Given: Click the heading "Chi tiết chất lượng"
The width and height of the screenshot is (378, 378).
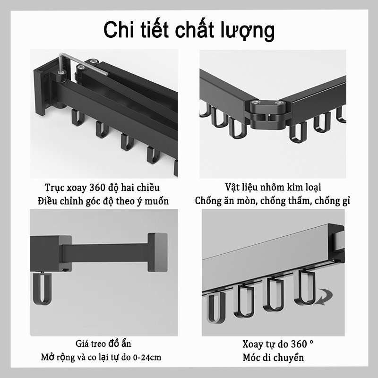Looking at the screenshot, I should (x=189, y=29).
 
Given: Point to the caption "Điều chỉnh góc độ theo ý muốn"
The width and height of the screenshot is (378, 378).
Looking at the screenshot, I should (x=103, y=200).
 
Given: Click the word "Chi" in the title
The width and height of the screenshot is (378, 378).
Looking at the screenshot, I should (x=119, y=29).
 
